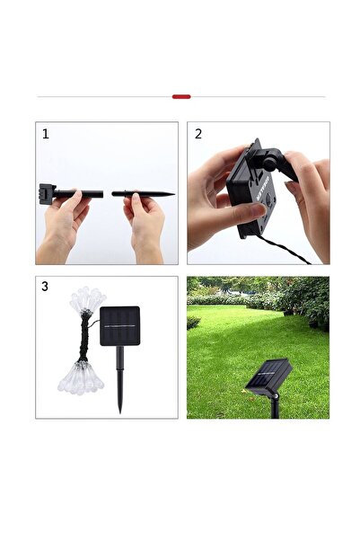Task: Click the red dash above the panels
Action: point(180,96)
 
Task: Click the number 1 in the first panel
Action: point(46,134)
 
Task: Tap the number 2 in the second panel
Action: point(198,134)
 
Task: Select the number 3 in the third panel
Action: point(45,288)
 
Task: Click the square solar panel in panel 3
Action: point(119,326)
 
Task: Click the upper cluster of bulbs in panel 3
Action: point(87,300)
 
